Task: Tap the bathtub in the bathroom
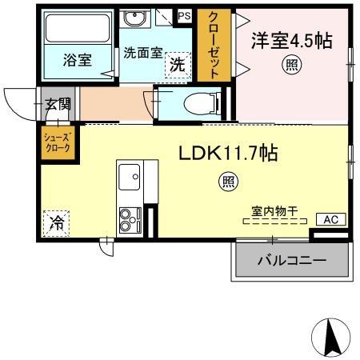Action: (x=77, y=29)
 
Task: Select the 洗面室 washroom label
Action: (x=143, y=53)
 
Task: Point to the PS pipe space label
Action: (x=184, y=15)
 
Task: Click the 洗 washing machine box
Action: (x=178, y=66)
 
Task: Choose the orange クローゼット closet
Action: (x=214, y=43)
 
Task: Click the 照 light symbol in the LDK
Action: (x=229, y=182)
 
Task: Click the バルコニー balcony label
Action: (x=291, y=261)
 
